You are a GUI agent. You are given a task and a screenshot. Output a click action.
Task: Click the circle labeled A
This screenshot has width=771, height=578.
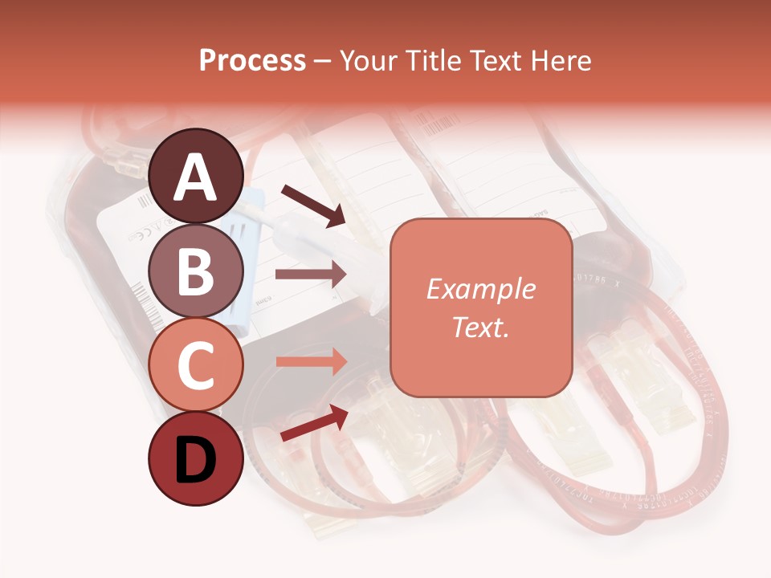tap(196, 176)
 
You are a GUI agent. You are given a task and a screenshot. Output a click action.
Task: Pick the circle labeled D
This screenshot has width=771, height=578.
tap(196, 458)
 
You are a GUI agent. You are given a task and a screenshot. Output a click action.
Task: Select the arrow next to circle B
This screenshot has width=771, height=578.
tap(310, 275)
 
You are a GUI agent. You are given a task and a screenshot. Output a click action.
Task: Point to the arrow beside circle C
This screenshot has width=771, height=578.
tap(310, 362)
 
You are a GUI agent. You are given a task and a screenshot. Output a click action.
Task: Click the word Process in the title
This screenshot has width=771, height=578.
tap(252, 61)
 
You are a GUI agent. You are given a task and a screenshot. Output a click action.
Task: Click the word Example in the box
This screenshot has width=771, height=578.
tap(480, 289)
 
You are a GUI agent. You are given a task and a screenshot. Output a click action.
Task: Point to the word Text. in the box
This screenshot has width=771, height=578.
tap(480, 327)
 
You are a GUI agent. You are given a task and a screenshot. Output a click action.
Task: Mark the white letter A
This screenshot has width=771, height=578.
tap(196, 177)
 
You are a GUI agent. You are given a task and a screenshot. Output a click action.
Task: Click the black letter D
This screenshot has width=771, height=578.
tap(196, 460)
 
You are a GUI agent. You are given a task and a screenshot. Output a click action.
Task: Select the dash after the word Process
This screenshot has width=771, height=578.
tap(322, 61)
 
